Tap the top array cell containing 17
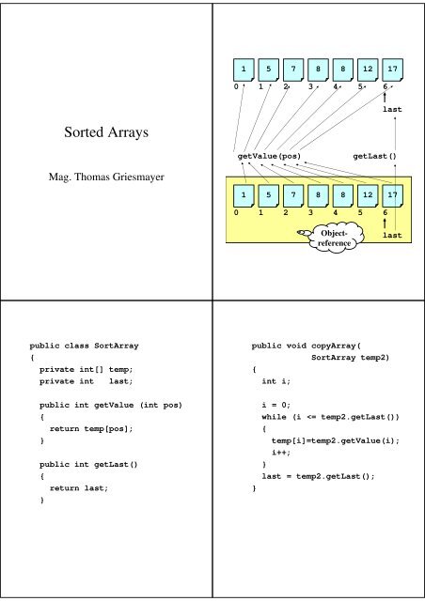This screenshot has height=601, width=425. coord(395,69)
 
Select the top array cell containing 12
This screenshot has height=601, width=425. coord(370,69)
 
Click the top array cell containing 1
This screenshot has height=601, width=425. coord(244,69)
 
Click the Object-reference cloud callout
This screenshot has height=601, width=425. coord(334,238)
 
